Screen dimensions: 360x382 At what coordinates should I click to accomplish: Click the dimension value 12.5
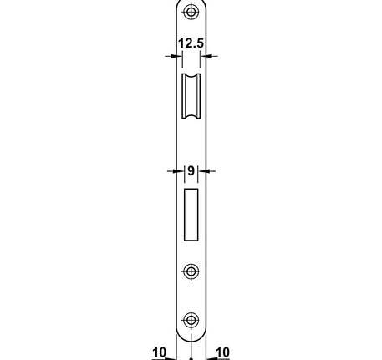pyautogui.click(x=191, y=43)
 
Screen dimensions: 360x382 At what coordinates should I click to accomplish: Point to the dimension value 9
pyautogui.click(x=191, y=171)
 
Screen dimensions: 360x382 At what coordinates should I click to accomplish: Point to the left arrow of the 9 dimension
pyautogui.click(x=177, y=171)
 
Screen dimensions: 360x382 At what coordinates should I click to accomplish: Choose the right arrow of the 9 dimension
pyautogui.click(x=206, y=171)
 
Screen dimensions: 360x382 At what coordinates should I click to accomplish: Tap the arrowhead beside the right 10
pyautogui.click(x=211, y=357)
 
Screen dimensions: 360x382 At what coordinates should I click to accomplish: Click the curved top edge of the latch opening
pyautogui.click(x=192, y=75)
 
